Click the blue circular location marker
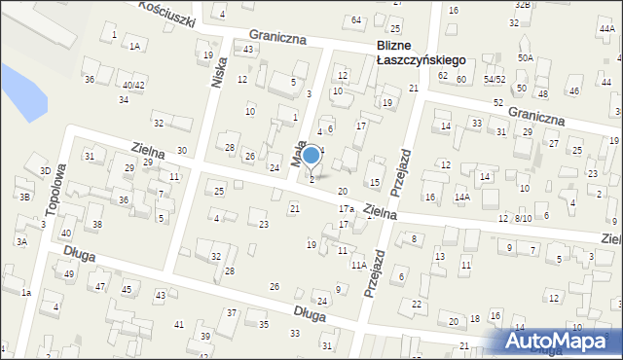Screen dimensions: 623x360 311,155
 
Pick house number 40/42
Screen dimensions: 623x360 132,85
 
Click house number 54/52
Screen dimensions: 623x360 495,79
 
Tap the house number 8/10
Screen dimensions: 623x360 523,218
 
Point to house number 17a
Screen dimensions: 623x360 345,209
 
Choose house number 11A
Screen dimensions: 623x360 358,265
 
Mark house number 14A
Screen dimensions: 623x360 461,198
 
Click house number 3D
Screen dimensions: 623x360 45,171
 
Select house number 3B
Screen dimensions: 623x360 24,197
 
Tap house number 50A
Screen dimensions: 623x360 526,58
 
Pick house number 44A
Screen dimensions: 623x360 607,29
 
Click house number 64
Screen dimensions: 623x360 356,20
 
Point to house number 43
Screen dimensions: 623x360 249,49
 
